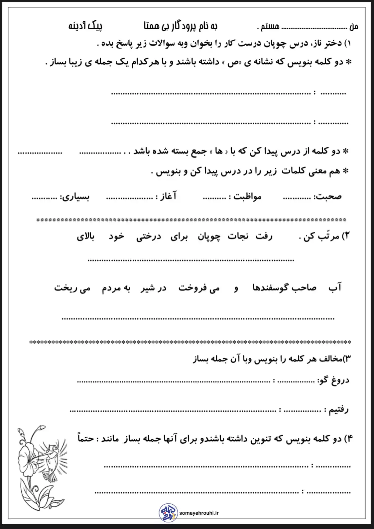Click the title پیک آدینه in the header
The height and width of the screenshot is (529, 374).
(85, 26)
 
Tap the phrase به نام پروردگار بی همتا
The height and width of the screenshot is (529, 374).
(181, 26)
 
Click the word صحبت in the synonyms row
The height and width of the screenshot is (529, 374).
(328, 196)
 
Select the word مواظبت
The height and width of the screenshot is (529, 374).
(247, 197)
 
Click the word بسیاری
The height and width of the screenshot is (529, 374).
(77, 197)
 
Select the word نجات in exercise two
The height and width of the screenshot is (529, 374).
(238, 236)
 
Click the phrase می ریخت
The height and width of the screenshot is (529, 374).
(72, 288)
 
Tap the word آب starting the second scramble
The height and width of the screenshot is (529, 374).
(335, 287)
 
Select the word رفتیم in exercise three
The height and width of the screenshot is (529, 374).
(338, 409)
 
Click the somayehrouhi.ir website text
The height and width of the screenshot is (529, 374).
(199, 513)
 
